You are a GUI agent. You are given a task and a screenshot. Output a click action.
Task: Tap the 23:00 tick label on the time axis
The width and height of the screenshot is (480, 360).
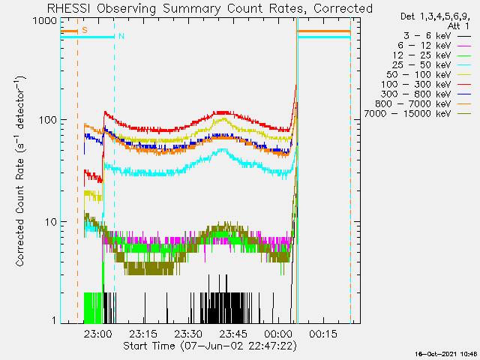pos(98,333)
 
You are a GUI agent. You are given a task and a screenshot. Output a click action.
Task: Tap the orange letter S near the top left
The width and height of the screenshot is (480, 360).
pos(85,30)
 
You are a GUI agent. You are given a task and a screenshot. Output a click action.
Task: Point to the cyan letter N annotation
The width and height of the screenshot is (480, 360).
pos(121,36)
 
